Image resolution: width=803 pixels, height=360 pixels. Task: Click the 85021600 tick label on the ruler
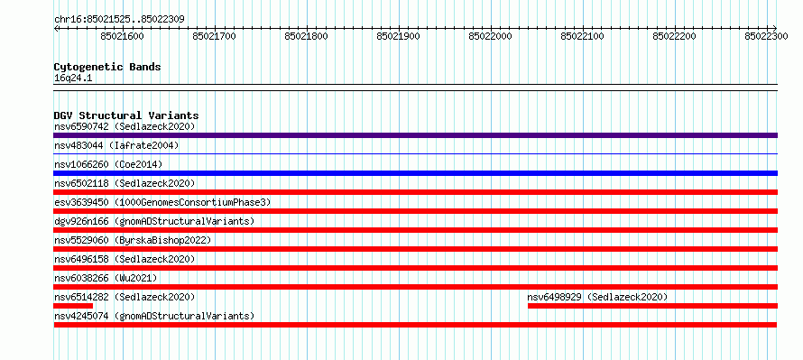click(123, 36)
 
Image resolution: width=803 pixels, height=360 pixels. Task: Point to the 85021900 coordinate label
click(399, 36)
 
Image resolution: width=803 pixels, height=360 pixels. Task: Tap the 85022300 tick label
click(766, 36)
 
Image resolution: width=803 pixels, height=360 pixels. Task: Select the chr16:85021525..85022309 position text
click(119, 20)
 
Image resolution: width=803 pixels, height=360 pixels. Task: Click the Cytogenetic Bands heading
click(107, 67)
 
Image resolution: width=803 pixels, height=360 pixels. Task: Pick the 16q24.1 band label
click(73, 78)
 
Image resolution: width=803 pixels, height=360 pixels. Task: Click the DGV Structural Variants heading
click(126, 115)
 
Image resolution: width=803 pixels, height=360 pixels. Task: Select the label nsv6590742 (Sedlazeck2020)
click(125, 126)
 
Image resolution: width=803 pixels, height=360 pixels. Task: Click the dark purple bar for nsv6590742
click(415, 135)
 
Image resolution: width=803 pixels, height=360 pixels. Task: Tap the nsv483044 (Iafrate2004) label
click(116, 146)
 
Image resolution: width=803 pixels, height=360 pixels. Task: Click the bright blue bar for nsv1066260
click(415, 173)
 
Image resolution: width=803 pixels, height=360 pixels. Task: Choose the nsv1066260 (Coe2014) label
click(108, 164)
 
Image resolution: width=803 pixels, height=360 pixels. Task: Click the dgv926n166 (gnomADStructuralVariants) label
click(154, 221)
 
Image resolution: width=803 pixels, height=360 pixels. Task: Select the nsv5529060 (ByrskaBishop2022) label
click(133, 240)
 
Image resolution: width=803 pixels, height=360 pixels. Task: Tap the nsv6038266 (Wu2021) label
click(106, 278)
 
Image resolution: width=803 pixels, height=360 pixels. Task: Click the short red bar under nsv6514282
click(73, 306)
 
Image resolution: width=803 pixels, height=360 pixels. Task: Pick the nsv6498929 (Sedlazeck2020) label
click(597, 297)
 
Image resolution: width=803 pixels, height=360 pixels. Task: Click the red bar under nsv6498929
click(652, 306)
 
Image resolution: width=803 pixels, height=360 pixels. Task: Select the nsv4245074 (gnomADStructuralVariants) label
click(154, 316)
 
